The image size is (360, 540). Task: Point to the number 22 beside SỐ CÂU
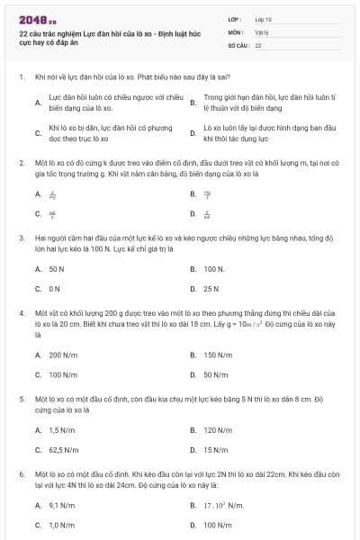click(258, 44)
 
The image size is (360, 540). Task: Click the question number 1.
click(21, 77)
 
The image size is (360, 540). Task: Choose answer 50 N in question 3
click(56, 269)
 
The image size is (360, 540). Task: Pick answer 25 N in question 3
click(211, 289)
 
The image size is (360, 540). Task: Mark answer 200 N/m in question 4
click(62, 355)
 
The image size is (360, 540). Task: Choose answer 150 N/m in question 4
click(218, 355)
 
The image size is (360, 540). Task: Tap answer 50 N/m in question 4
click(215, 374)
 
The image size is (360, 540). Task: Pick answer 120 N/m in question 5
click(218, 430)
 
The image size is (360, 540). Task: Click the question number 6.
click(21, 472)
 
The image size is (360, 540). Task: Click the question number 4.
click(21, 311)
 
